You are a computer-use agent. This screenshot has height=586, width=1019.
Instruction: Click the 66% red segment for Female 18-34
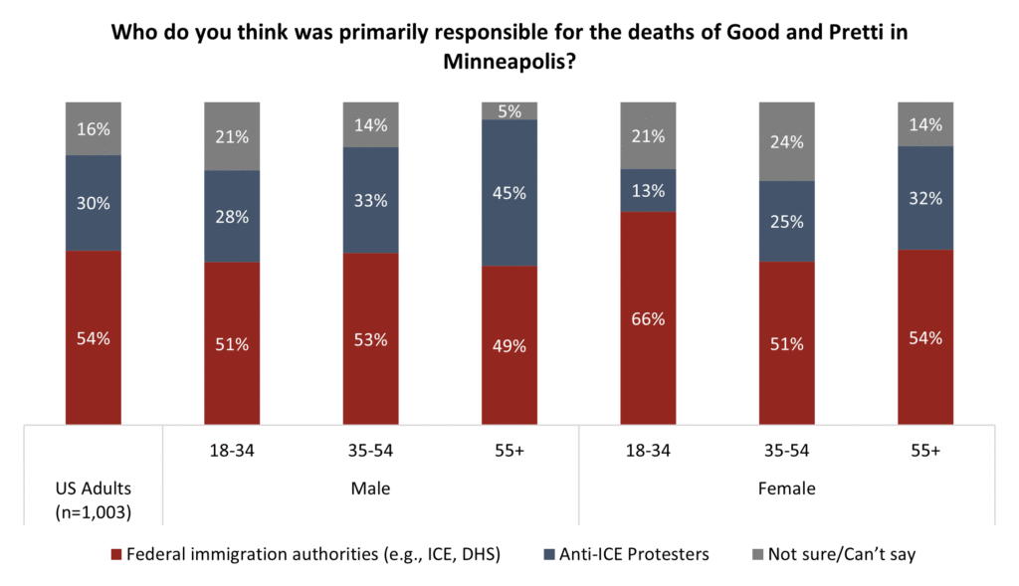click(648, 318)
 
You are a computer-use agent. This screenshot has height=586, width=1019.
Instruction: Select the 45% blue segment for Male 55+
click(509, 192)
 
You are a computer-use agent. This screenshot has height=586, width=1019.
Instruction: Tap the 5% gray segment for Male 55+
click(509, 110)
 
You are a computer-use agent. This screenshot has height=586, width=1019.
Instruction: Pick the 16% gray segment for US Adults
click(94, 128)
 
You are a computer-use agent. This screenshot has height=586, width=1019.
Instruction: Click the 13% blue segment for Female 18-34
click(648, 190)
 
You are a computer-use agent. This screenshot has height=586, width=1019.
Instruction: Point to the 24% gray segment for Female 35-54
click(787, 141)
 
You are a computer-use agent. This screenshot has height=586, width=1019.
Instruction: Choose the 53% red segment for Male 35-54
click(371, 339)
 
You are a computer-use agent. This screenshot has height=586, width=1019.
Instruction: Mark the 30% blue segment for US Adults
click(94, 203)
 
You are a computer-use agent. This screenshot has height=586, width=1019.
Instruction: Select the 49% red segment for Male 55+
click(509, 345)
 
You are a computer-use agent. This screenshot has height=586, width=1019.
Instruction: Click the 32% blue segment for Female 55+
click(925, 198)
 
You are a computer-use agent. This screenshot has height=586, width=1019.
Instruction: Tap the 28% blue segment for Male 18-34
click(232, 216)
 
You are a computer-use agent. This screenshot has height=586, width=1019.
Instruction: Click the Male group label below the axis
click(371, 488)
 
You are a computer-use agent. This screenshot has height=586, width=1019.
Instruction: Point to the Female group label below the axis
click(787, 488)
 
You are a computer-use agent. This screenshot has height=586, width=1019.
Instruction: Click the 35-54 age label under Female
click(787, 451)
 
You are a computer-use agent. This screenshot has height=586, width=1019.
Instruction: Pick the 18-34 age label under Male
click(232, 451)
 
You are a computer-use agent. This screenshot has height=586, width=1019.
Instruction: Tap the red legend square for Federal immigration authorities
click(115, 554)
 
